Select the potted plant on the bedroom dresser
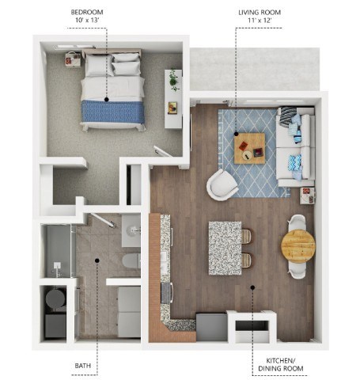click(x=172, y=80)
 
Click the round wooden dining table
click(x=297, y=245)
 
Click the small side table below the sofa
click(x=306, y=191)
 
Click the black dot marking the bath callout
click(x=97, y=260)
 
